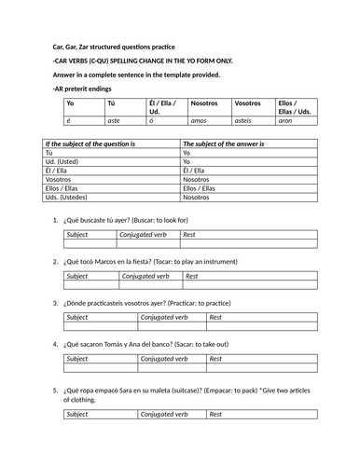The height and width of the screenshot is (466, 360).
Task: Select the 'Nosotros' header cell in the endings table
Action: coord(204,104)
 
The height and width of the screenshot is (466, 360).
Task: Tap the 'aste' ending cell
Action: coord(117,121)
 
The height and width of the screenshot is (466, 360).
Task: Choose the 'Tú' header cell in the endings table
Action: coord(113,104)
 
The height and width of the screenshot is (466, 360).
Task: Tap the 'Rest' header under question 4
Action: coord(215,358)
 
